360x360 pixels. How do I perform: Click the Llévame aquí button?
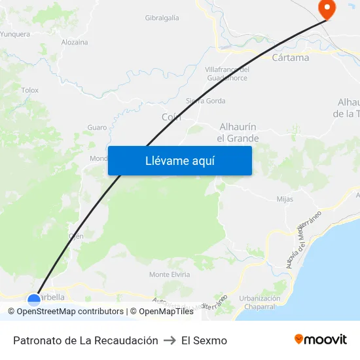[179, 160]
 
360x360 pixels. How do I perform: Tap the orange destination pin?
[326, 9]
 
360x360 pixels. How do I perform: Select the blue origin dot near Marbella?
[34, 299]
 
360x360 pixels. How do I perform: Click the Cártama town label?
[290, 58]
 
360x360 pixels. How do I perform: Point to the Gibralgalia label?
[162, 18]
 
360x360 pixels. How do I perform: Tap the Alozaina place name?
[74, 42]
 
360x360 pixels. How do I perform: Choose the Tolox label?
[30, 90]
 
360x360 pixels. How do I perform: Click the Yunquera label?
[15, 34]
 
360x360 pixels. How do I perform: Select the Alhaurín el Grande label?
[238, 132]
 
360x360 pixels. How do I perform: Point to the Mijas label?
[285, 199]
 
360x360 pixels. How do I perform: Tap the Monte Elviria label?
[170, 274]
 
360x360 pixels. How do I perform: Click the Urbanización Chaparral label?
[260, 302]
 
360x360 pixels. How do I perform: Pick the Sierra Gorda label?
[206, 101]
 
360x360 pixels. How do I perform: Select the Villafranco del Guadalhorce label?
[227, 74]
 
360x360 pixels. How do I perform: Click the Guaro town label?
[97, 127]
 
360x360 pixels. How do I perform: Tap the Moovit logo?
[321, 340]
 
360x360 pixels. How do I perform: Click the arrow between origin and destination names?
[170, 340]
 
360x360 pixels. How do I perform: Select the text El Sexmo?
[204, 340]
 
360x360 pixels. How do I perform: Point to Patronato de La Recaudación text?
[86, 340]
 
